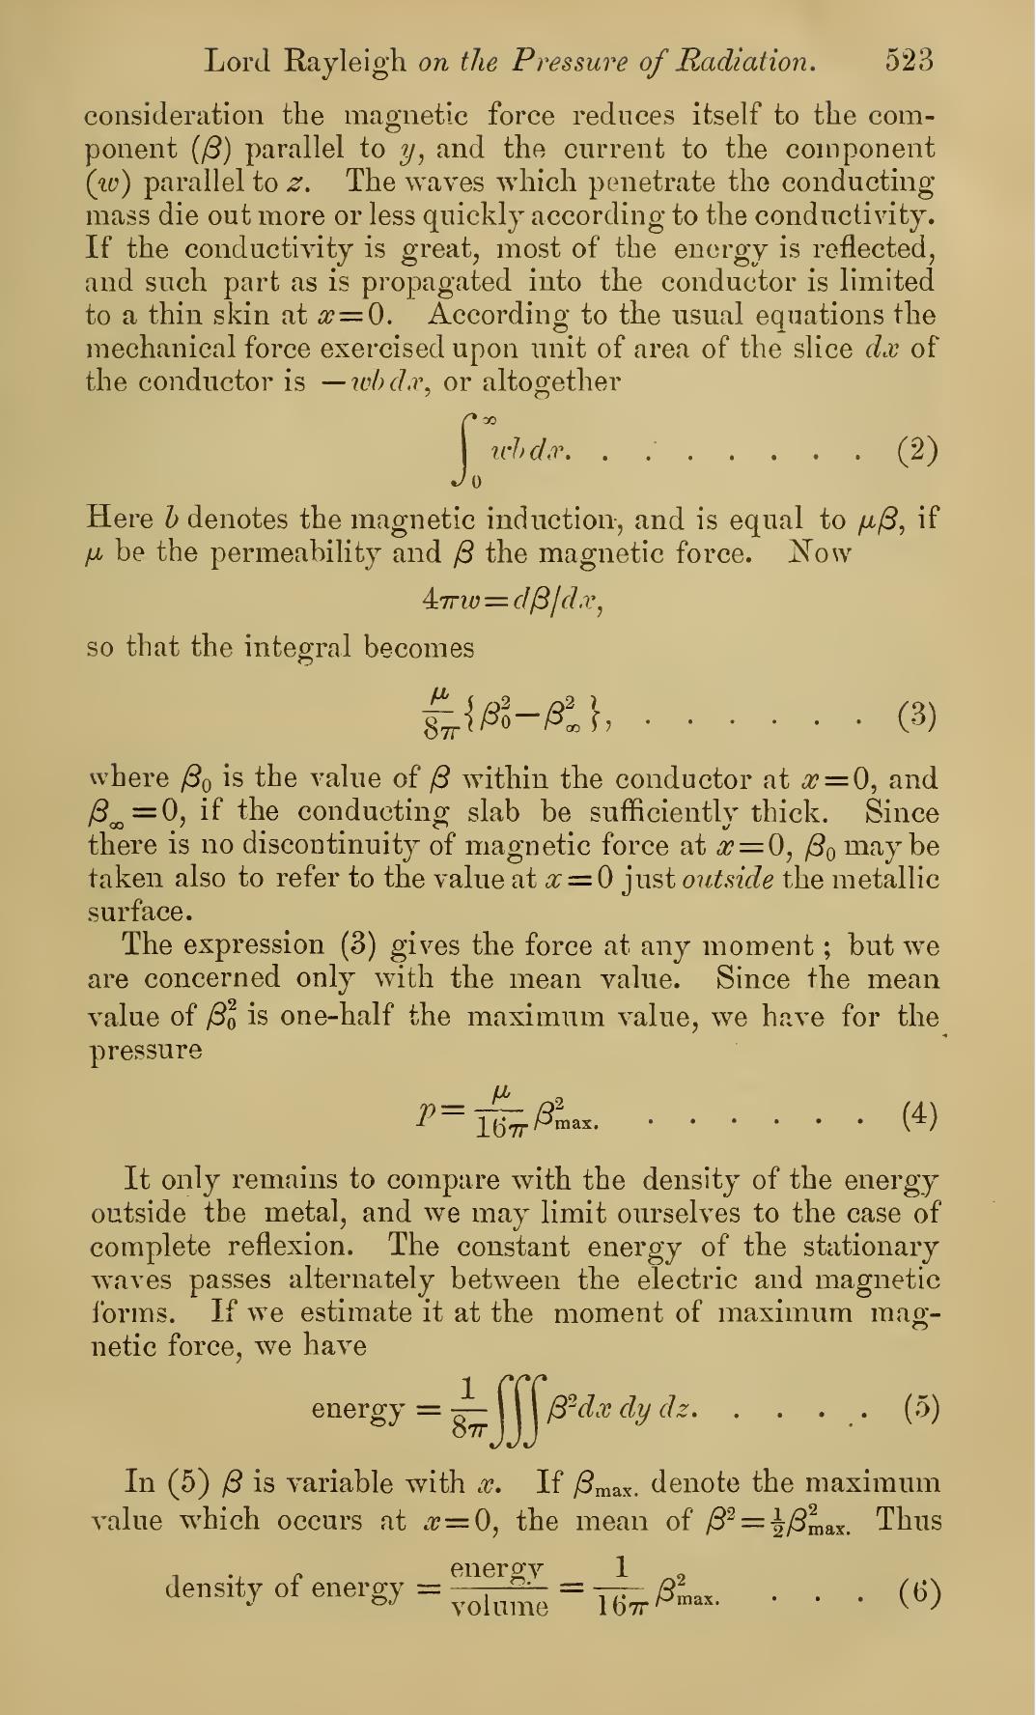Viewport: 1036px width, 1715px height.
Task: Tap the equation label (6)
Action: point(918,1589)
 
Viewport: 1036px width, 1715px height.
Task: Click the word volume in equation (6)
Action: point(500,1607)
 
